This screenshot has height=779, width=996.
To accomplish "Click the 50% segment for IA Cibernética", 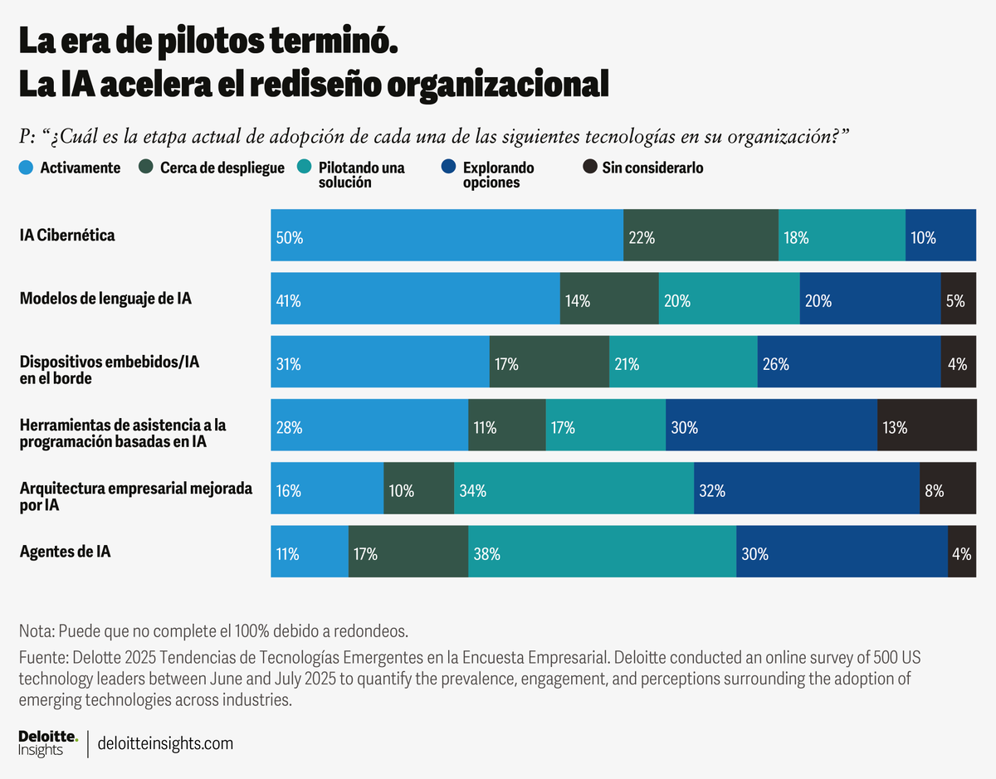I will pyautogui.click(x=447, y=236).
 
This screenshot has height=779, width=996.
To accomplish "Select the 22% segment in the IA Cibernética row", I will pyautogui.click(x=701, y=236).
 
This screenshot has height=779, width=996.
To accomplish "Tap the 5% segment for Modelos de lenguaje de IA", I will pyautogui.click(x=958, y=299).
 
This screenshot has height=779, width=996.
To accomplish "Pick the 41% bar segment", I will pyautogui.click(x=415, y=299).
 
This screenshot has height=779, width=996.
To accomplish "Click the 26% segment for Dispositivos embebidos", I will pyautogui.click(x=848, y=362).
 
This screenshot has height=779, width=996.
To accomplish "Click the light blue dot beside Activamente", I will pyautogui.click(x=27, y=168).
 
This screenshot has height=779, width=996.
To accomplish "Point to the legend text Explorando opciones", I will pyautogui.click(x=498, y=175).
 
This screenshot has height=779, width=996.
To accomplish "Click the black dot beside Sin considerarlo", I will pyautogui.click(x=589, y=168).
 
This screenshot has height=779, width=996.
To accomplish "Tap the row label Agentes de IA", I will pyautogui.click(x=65, y=552).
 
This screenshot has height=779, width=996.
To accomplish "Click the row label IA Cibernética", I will pyautogui.click(x=67, y=236).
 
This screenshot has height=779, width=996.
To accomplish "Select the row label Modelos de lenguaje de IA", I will pyautogui.click(x=105, y=299).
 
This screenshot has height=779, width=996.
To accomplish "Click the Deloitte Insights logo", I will pyautogui.click(x=48, y=742).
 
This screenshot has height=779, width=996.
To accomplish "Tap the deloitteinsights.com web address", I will pyautogui.click(x=165, y=743).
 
